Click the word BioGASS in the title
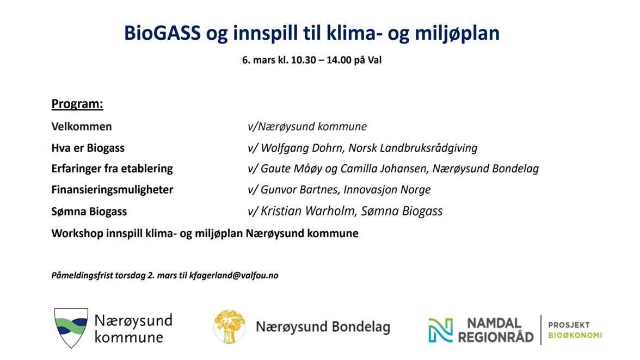tap(162, 33)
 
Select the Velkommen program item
tap(82, 126)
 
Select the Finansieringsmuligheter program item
tap(112, 190)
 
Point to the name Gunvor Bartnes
tap(299, 190)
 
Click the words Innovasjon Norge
tap(387, 190)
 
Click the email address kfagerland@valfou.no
tap(234, 276)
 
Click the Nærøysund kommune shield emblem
tap(71, 328)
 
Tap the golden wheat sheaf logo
tap(230, 326)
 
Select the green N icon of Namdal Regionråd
tap(440, 330)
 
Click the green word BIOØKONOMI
tap(575, 336)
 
